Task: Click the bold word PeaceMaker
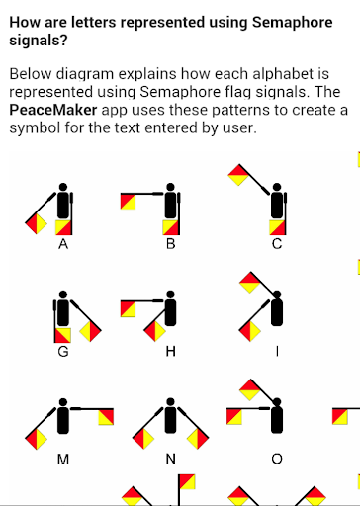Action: coord(53,110)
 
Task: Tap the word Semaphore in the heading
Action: coord(293,23)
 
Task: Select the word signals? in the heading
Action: coord(39,41)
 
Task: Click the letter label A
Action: coord(63,244)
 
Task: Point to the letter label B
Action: coord(170,244)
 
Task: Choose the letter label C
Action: coord(277,244)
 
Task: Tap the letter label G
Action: coord(63,352)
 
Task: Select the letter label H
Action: coord(170,352)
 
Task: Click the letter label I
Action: coord(277,352)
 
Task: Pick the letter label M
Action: coord(63,459)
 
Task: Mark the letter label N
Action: coord(170,459)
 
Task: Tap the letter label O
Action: coord(277,459)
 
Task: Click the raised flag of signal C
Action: coord(238,175)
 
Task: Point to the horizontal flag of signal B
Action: coord(128,202)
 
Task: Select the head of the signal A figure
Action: coord(63,187)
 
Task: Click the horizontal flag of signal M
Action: coord(106,417)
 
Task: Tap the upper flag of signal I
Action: coord(250,283)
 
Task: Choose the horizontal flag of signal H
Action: coord(128,309)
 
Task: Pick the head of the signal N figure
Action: coord(170,402)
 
